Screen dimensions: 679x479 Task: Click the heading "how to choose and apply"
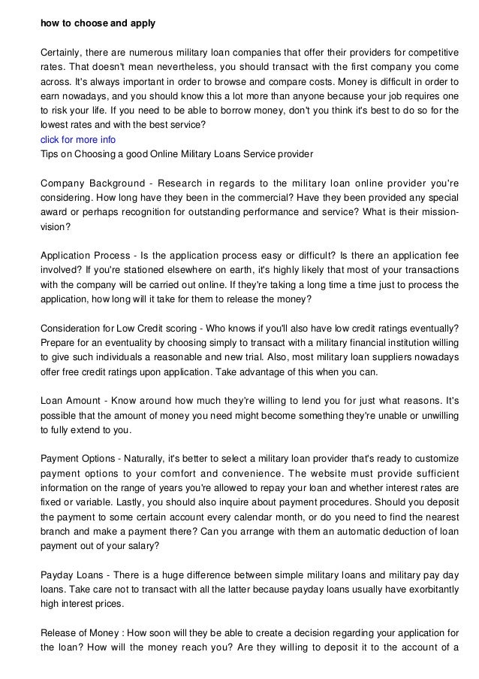coord(98,23)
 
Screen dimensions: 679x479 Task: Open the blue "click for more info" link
coord(78,140)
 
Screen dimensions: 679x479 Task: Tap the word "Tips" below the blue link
coord(50,154)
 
